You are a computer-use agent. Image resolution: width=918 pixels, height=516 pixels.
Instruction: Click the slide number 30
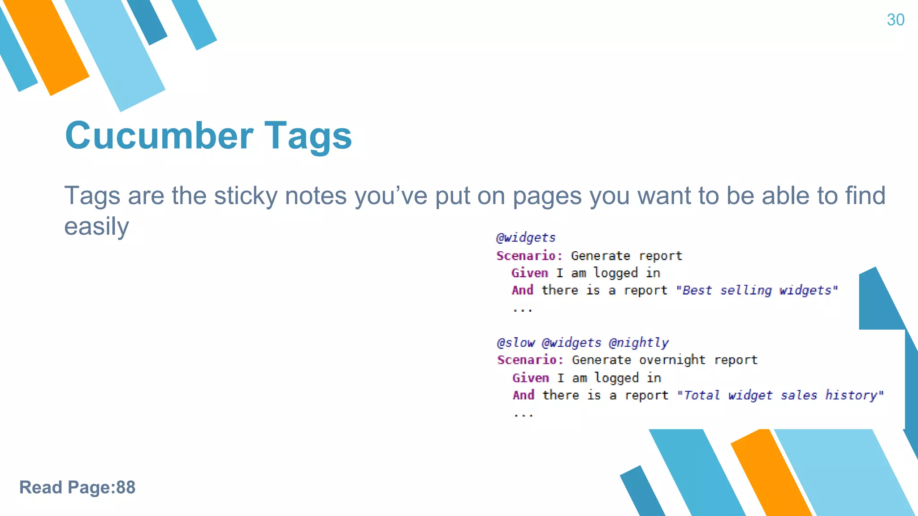click(895, 20)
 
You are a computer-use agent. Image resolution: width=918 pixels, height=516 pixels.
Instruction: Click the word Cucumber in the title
click(159, 136)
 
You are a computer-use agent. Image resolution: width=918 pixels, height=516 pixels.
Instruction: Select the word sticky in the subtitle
click(246, 196)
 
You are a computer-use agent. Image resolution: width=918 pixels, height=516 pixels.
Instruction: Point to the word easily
click(96, 227)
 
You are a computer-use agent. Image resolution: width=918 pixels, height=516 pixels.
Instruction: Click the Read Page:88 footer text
click(77, 487)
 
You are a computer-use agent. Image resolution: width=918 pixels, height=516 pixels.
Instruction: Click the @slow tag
click(515, 343)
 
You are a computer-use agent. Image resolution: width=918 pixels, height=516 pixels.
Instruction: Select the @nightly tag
click(638, 343)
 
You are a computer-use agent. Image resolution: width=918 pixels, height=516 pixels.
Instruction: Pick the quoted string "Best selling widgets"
click(757, 290)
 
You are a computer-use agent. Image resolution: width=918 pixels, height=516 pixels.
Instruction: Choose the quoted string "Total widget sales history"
click(780, 395)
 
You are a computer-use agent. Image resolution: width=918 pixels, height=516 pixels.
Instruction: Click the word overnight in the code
click(672, 360)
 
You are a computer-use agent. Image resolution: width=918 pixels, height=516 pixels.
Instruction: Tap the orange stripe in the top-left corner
click(47, 45)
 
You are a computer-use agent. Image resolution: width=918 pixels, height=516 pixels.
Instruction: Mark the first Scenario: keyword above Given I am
click(529, 256)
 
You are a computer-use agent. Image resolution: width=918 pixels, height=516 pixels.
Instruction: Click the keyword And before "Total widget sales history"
click(524, 395)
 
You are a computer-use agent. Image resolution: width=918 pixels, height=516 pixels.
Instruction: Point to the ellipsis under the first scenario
click(523, 309)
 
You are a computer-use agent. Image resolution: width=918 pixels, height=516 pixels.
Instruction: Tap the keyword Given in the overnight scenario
click(531, 378)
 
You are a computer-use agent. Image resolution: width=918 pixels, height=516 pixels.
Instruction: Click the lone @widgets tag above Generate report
click(526, 238)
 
